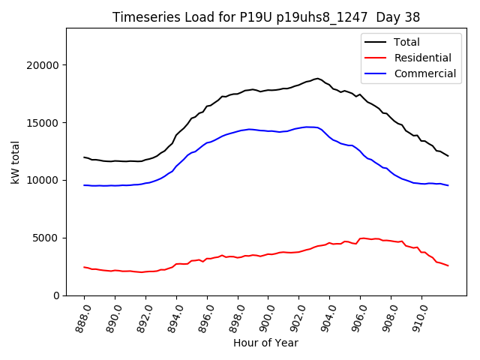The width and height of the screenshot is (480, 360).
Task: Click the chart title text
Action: click(265, 17)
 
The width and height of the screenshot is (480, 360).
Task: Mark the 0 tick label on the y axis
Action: click(55, 295)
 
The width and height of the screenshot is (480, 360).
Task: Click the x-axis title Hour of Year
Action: click(265, 343)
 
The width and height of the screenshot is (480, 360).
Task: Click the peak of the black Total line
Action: click(317, 78)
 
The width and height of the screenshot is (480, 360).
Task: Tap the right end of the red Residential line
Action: click(448, 265)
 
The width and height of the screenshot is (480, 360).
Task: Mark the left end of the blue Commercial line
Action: click(84, 184)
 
